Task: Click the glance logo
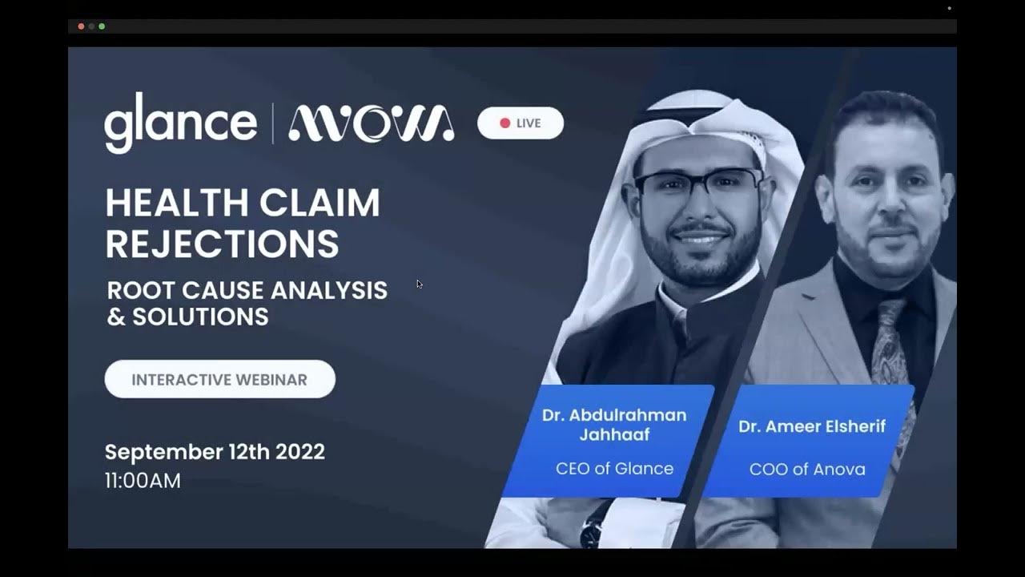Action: (x=180, y=123)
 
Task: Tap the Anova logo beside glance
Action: (x=371, y=123)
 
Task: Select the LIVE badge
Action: (x=521, y=123)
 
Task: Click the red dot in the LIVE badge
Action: (x=504, y=123)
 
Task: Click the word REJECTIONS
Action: (x=222, y=244)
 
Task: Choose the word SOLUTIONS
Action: (x=200, y=317)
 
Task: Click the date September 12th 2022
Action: (x=215, y=452)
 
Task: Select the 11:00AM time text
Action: (x=143, y=481)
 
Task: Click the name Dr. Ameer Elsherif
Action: (x=812, y=426)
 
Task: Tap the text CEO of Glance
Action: (x=614, y=469)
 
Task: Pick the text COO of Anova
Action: (x=807, y=470)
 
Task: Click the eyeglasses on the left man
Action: (x=698, y=183)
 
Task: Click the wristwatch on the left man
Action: (x=594, y=530)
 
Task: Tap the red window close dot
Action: (x=81, y=26)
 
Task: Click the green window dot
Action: (x=102, y=26)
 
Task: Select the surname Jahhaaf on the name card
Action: (x=614, y=435)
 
